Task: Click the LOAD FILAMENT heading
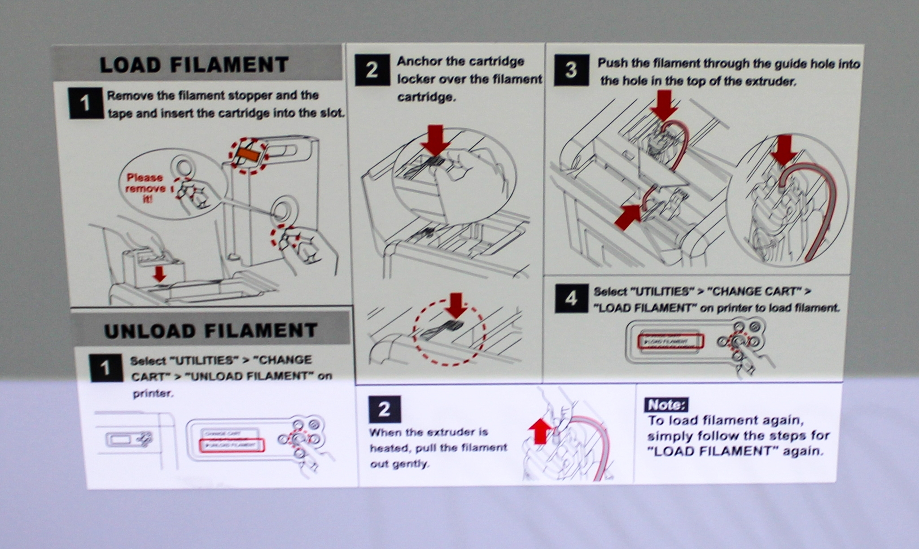point(194,65)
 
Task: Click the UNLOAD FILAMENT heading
point(211,331)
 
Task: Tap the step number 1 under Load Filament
point(85,104)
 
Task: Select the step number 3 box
point(571,70)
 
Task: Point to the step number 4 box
point(571,298)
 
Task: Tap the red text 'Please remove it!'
point(144,188)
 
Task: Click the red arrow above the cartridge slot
point(159,273)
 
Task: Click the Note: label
point(666,405)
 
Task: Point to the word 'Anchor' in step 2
point(419,61)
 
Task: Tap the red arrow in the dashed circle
point(456,305)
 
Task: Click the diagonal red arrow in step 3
point(628,218)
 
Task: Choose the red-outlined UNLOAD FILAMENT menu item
point(232,445)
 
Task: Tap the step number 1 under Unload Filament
point(105,368)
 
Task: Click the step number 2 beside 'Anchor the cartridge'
point(372,70)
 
